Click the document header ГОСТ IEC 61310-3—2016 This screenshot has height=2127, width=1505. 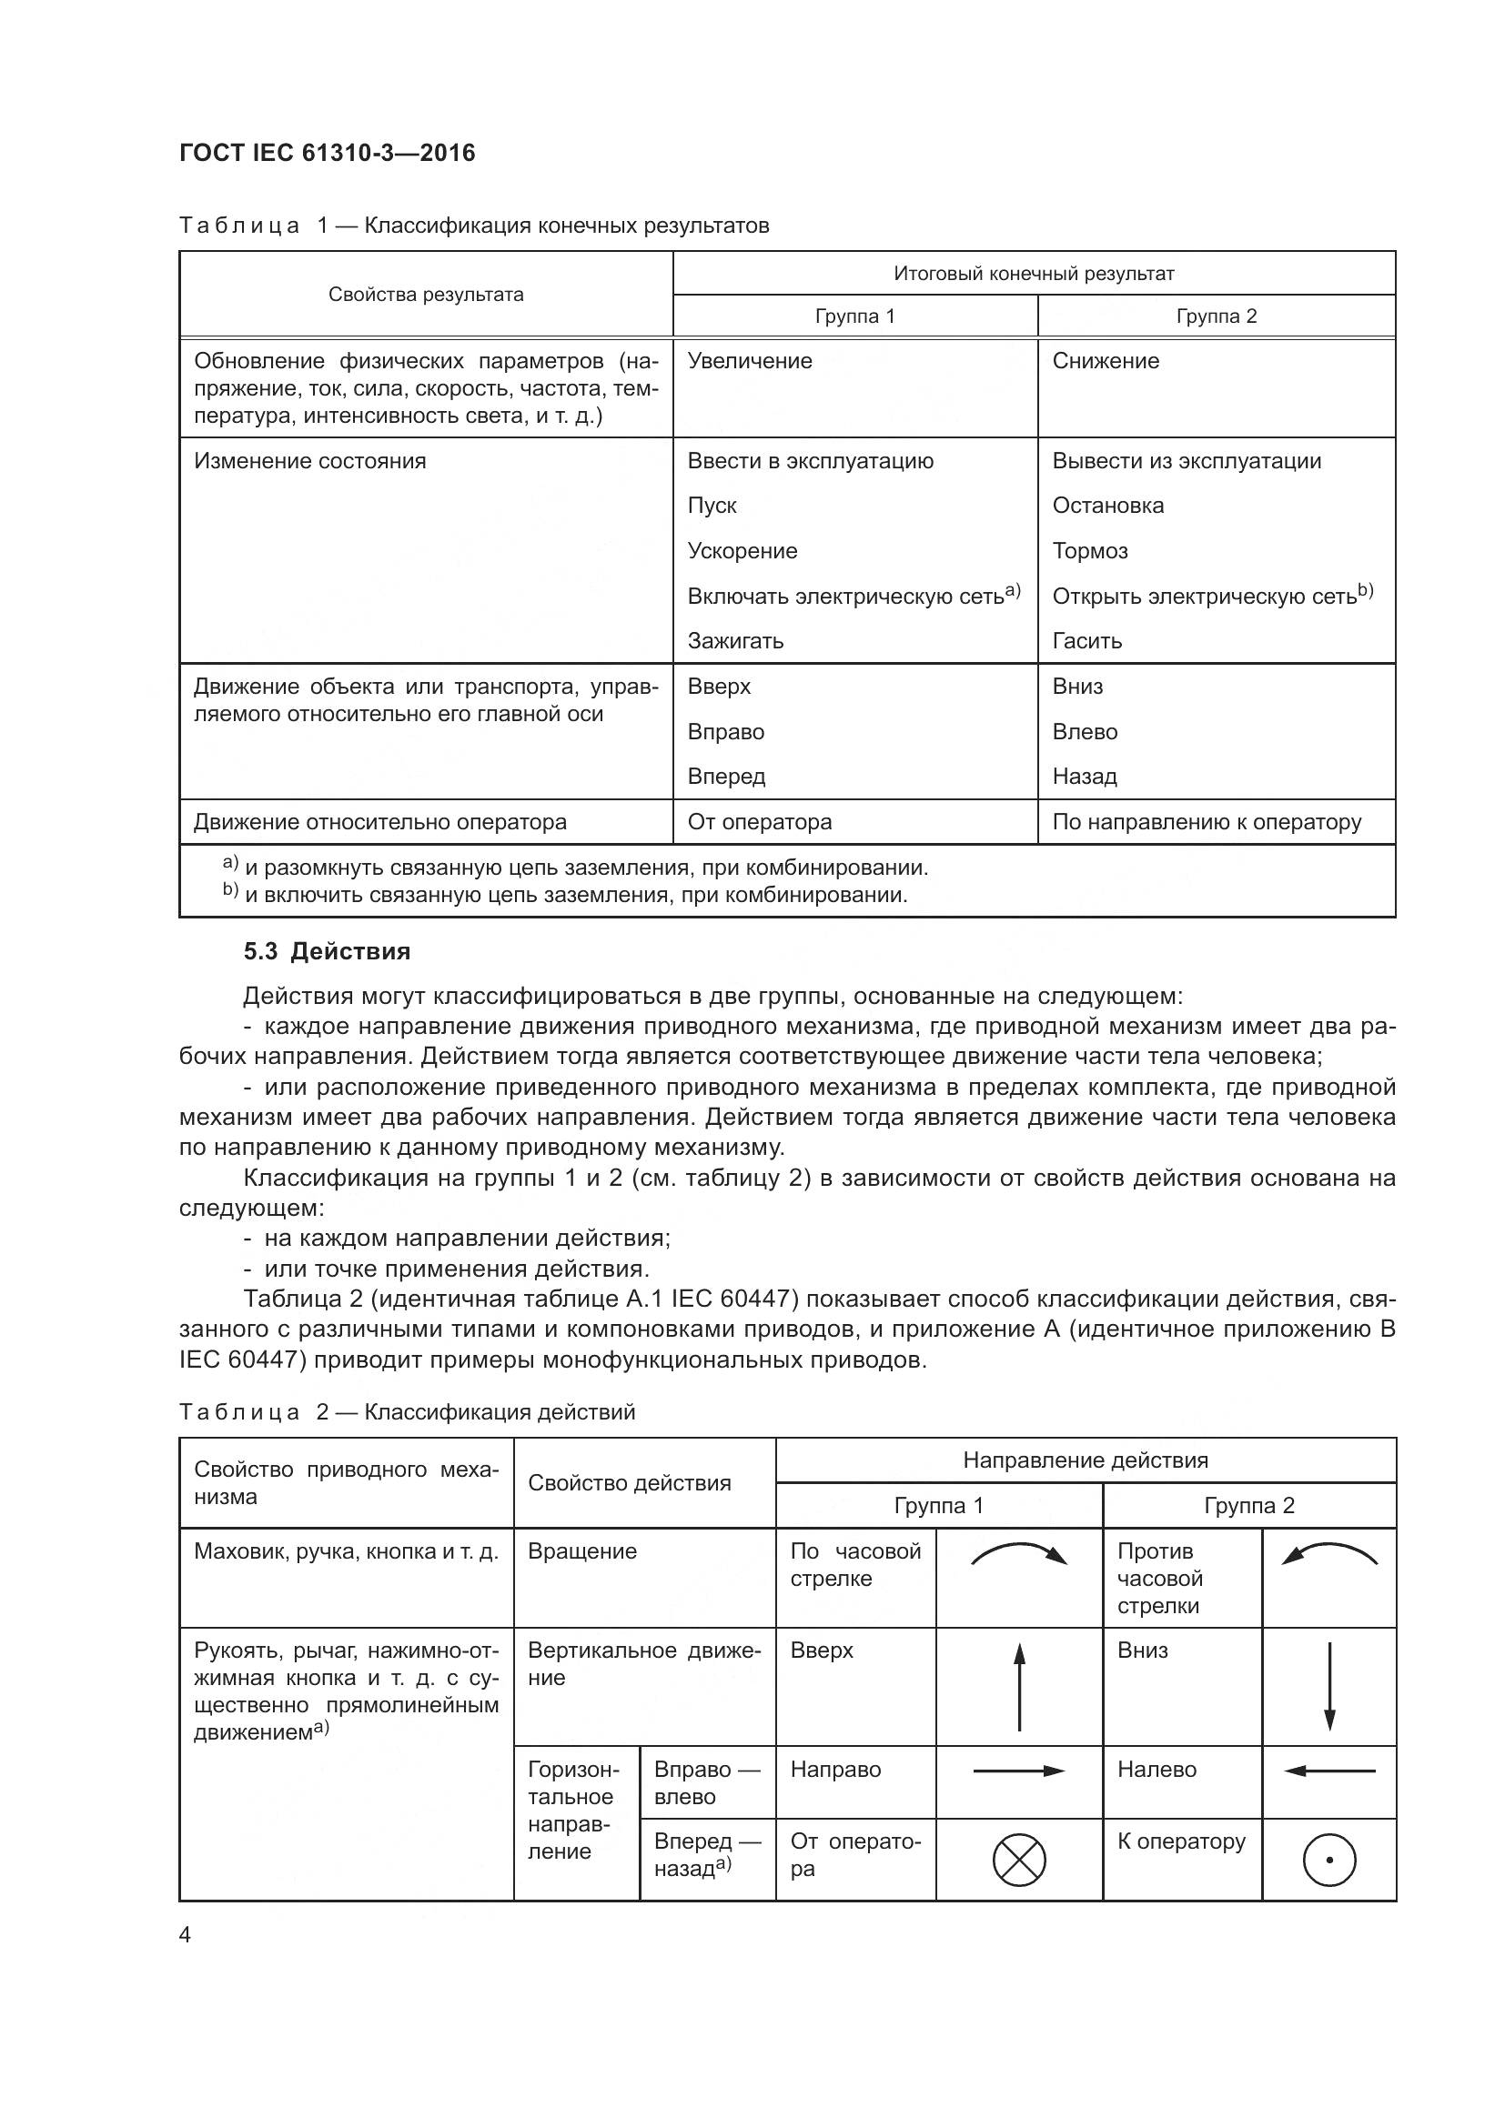[328, 153]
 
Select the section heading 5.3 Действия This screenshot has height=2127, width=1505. [328, 951]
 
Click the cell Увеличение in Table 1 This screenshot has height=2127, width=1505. [750, 361]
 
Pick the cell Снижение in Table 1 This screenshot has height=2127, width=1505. [1106, 361]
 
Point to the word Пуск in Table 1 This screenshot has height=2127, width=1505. [712, 506]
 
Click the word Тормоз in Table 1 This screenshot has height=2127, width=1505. [1090, 551]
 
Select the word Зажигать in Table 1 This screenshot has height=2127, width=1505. [736, 641]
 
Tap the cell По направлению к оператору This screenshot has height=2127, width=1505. [1207, 822]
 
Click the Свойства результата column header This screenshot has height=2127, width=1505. [426, 295]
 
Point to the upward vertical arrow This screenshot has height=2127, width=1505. [1019, 1686]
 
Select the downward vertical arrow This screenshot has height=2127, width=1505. [1330, 1686]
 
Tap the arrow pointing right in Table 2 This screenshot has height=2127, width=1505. [1019, 1771]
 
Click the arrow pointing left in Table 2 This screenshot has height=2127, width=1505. [1330, 1771]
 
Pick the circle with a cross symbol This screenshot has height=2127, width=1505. [1019, 1861]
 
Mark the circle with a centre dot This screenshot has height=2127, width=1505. [1330, 1861]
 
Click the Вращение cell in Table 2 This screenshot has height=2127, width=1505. [582, 1551]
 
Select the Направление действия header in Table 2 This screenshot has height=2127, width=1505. [1086, 1461]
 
